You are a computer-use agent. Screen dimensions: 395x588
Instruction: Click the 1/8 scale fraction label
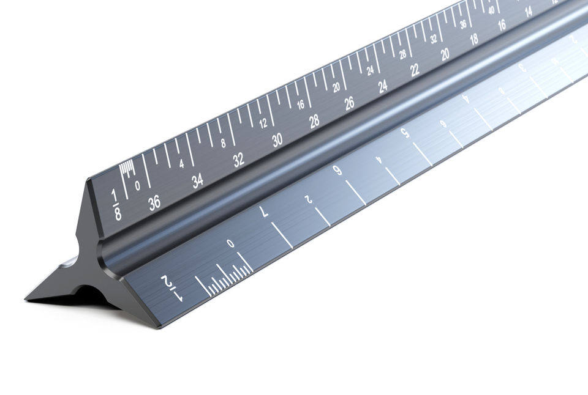coord(116,205)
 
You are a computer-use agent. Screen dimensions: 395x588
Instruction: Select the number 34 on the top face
coord(197,181)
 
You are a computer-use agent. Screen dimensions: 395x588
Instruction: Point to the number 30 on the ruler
coord(277,141)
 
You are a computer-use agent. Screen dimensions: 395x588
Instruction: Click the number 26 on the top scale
coord(349,103)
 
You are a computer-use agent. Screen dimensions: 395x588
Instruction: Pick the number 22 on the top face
coord(415,70)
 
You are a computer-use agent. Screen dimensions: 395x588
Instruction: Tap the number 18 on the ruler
coord(474,39)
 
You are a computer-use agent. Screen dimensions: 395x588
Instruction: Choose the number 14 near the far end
coord(529,11)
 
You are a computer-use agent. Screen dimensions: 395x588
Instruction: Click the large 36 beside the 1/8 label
coord(154,202)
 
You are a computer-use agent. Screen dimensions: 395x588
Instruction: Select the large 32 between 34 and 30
coord(238,160)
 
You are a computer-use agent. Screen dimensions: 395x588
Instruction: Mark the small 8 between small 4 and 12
coord(224,143)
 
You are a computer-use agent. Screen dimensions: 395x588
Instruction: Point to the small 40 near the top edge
coord(491,9)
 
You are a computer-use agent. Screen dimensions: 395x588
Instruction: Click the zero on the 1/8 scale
coord(137,185)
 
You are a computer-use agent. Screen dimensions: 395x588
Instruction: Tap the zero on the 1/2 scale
coord(230,244)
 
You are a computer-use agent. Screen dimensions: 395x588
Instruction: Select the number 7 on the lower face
coord(264,212)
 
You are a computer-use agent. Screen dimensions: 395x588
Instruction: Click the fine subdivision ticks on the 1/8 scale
coord(127,169)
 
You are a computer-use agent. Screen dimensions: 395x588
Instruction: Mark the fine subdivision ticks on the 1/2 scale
coord(227,278)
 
